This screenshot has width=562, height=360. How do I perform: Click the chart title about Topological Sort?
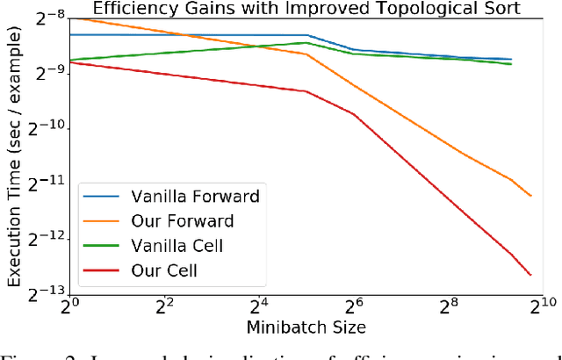(x=306, y=9)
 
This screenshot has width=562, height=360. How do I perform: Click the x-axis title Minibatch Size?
(x=306, y=328)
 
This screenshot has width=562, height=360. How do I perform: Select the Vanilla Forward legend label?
(x=195, y=195)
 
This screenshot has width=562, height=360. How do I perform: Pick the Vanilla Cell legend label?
(x=178, y=245)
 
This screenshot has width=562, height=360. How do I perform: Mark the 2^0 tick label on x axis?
(x=70, y=307)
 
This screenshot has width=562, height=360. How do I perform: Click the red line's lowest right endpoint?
(x=531, y=275)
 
